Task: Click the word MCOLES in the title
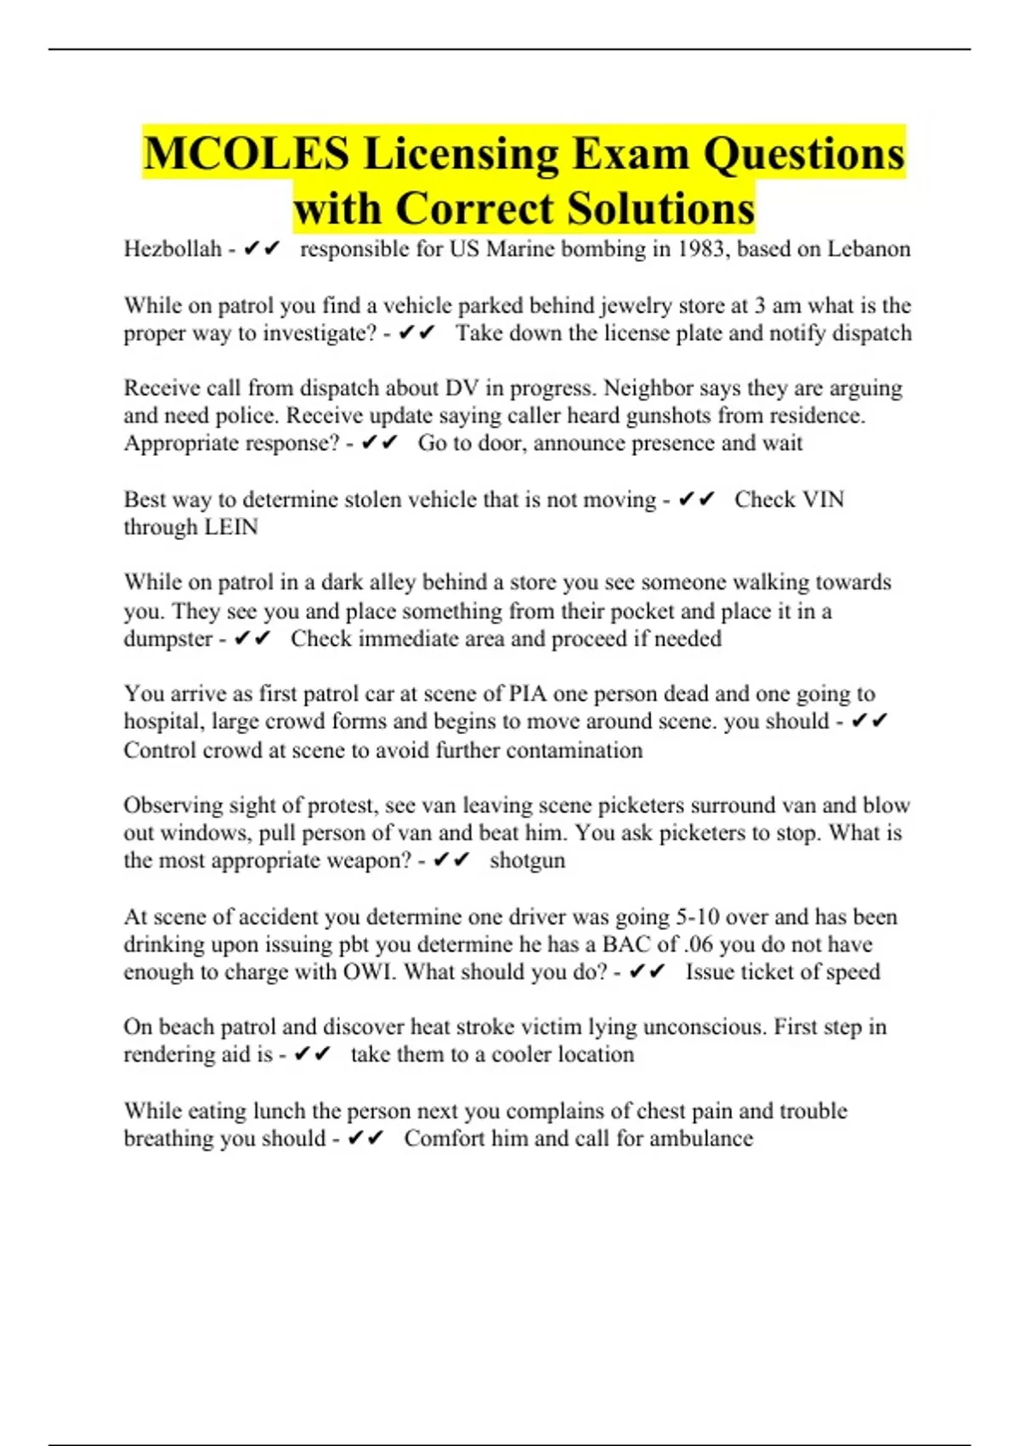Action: (x=246, y=154)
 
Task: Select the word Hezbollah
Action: (x=173, y=249)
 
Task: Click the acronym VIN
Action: (x=822, y=499)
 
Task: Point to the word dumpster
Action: (x=167, y=639)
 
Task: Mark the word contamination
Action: (x=574, y=750)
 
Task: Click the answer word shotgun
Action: (x=527, y=861)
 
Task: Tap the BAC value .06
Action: (x=697, y=944)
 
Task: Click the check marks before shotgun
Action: (x=450, y=861)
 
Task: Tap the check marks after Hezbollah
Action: (x=261, y=249)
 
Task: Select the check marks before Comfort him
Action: (x=365, y=1139)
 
